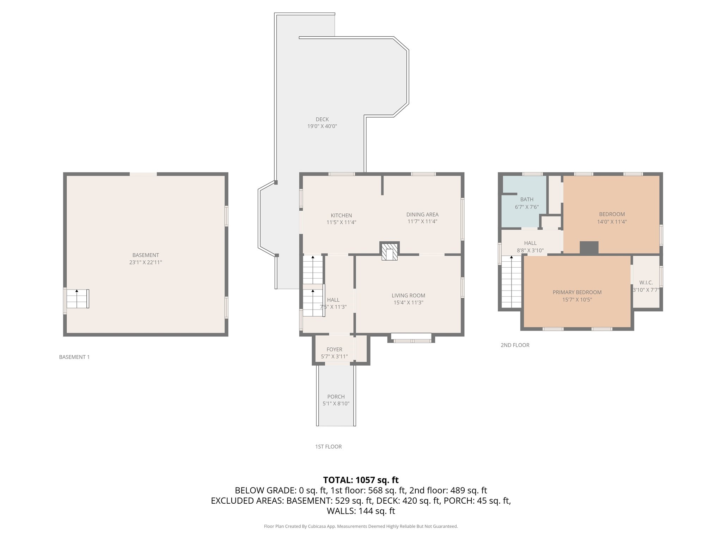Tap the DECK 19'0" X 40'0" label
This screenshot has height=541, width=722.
point(322,123)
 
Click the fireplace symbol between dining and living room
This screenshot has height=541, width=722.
point(389,251)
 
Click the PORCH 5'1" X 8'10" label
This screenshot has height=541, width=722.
point(336,400)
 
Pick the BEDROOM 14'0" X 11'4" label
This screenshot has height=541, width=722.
point(612,218)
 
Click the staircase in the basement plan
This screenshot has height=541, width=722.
point(78,299)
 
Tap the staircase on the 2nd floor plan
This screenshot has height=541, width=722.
point(511,282)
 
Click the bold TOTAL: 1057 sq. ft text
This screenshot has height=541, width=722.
point(361,480)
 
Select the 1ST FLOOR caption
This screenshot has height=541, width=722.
point(328,447)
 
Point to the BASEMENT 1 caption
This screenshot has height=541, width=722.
point(74,357)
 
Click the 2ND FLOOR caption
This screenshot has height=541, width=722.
point(515,345)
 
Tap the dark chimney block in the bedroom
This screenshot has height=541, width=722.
point(589,247)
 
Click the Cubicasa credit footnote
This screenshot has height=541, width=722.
point(361,526)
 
